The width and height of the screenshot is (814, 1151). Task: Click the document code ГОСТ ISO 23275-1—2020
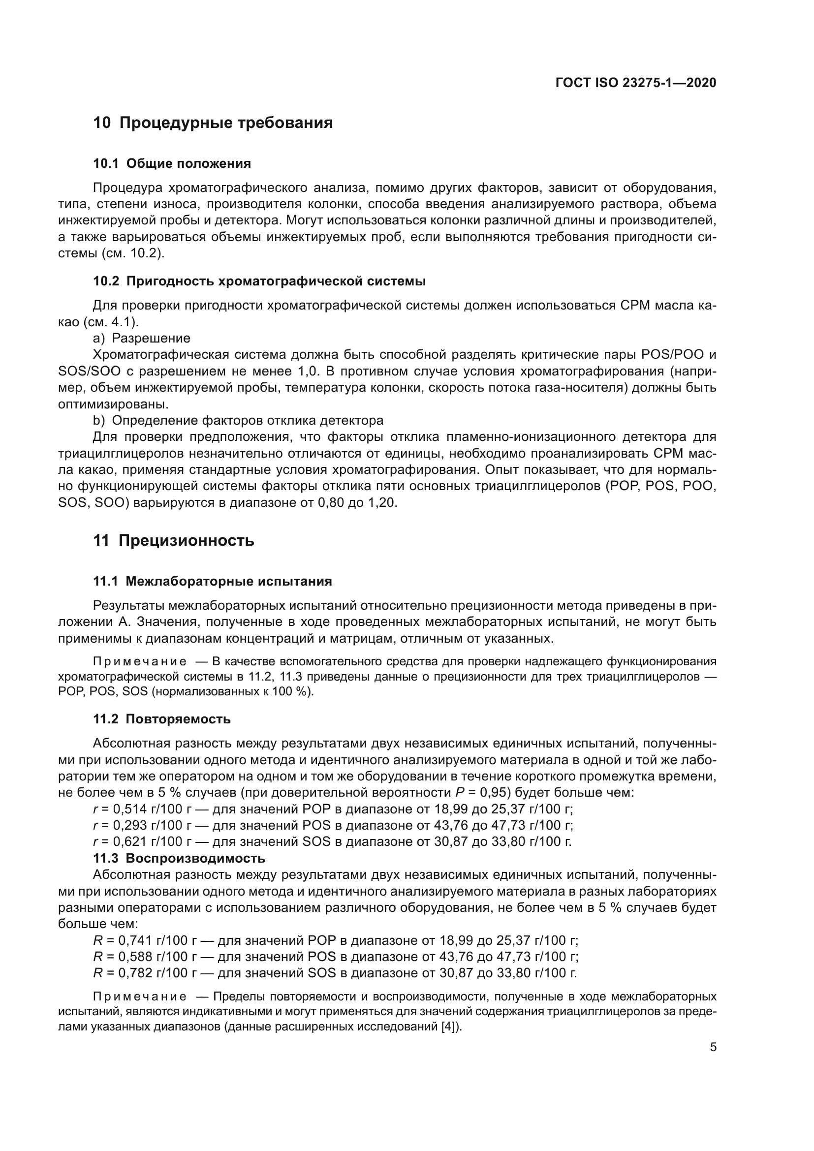point(635,83)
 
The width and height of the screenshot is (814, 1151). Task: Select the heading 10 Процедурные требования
point(213,123)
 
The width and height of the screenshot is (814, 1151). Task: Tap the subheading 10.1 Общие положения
point(172,163)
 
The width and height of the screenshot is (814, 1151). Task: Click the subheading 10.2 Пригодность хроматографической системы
point(259,281)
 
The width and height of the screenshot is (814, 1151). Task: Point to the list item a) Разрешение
point(142,338)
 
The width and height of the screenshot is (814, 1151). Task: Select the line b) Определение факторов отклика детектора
point(238,420)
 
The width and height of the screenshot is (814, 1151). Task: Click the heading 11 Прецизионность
point(174,541)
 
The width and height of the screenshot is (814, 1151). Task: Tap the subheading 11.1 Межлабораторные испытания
point(213,582)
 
